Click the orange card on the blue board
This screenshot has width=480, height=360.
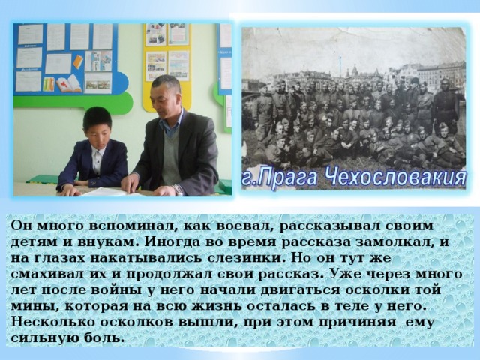[x=77, y=61]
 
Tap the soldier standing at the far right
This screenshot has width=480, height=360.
[x=448, y=105]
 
